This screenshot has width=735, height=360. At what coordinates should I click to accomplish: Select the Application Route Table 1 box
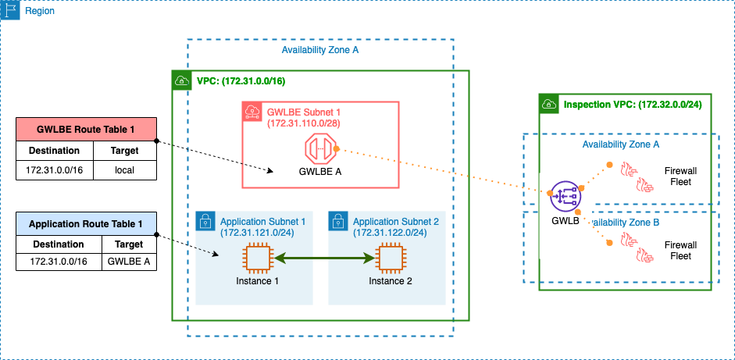[x=86, y=224]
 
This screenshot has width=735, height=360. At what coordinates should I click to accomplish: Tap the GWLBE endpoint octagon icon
[x=319, y=148]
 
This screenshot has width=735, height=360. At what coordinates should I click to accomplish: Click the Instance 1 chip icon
[x=257, y=258]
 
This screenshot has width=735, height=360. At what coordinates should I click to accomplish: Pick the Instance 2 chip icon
[x=390, y=258]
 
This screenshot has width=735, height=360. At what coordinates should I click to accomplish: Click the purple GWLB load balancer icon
[x=564, y=195]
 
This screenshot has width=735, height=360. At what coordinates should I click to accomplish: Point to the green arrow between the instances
[x=323, y=258]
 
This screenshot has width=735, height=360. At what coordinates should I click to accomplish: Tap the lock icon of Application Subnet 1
[x=205, y=221]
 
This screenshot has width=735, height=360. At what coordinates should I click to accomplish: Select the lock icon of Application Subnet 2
[x=337, y=221]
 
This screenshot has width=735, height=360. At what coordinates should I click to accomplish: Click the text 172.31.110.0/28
[x=303, y=123]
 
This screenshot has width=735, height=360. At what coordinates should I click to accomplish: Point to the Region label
[x=39, y=12]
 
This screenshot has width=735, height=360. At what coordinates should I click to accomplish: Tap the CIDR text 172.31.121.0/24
[x=257, y=233]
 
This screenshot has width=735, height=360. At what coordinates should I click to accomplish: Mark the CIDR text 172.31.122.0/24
[x=390, y=233]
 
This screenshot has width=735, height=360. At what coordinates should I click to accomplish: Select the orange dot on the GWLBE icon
[x=336, y=148]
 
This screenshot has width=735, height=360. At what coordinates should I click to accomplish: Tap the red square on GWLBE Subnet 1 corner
[x=252, y=111]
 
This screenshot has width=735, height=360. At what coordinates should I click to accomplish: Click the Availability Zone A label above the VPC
[x=319, y=51]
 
